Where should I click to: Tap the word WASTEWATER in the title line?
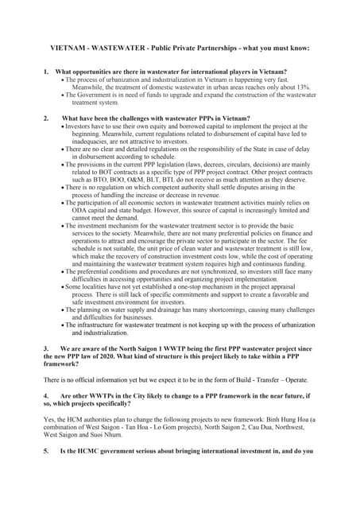tap(117, 48)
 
